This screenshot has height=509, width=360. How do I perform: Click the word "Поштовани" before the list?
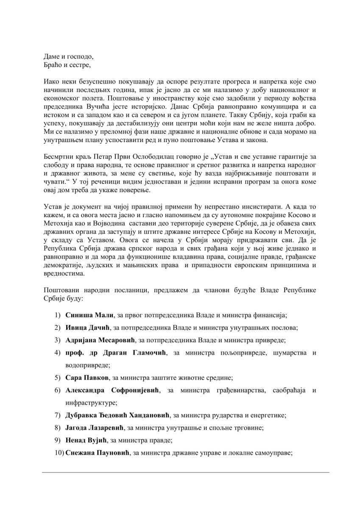[60, 290]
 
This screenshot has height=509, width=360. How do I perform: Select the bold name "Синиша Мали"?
[89, 315]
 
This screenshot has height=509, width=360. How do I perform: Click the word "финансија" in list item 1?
[272, 315]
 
